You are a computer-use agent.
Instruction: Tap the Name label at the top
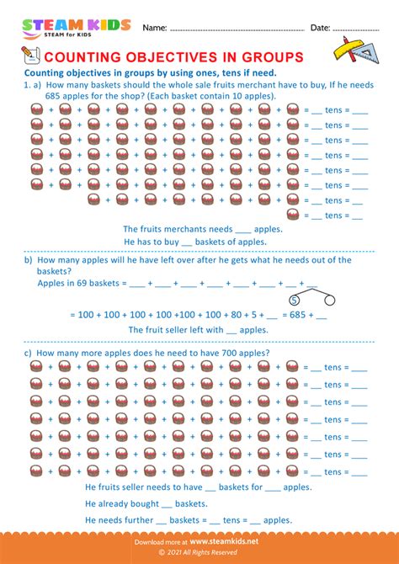click(154, 28)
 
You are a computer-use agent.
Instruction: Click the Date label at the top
click(320, 28)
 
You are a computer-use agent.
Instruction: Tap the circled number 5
click(294, 300)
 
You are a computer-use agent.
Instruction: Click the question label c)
click(29, 353)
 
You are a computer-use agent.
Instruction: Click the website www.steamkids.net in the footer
click(225, 542)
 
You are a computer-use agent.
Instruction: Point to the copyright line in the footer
click(199, 555)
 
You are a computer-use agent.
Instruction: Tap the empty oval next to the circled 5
click(330, 300)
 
